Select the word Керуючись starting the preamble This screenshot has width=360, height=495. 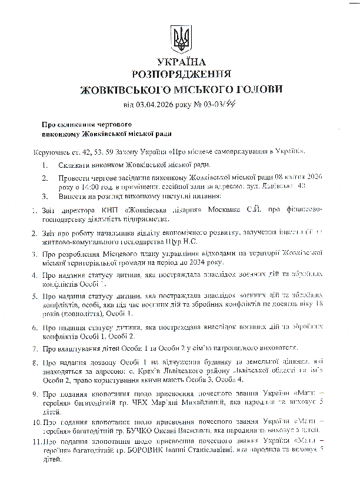pos(51,151)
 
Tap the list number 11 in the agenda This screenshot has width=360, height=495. pos(36,441)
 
